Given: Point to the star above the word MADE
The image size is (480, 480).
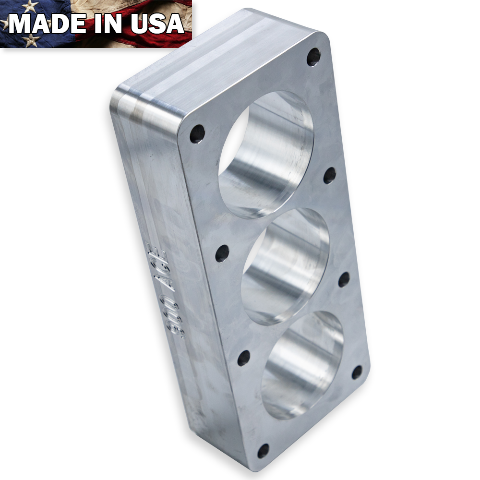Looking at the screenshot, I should pos(30,6).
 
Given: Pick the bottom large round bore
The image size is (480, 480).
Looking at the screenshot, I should pos(302,365).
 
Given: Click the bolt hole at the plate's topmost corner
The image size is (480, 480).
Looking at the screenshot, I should pos(313,57).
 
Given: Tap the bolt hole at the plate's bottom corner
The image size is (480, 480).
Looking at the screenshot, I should pos(264,450).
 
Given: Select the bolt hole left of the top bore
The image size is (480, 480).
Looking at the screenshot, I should pos(197,134).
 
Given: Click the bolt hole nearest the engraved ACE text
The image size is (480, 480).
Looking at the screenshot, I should pos(222,253).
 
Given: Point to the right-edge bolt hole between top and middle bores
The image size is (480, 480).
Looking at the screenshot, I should pos(329,175).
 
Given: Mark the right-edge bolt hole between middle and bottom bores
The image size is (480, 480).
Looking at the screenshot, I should pos(344,279).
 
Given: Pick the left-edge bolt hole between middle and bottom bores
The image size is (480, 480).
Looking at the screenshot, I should pos(244,358).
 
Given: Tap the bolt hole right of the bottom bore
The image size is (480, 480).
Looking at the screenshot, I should pos(357,372).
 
